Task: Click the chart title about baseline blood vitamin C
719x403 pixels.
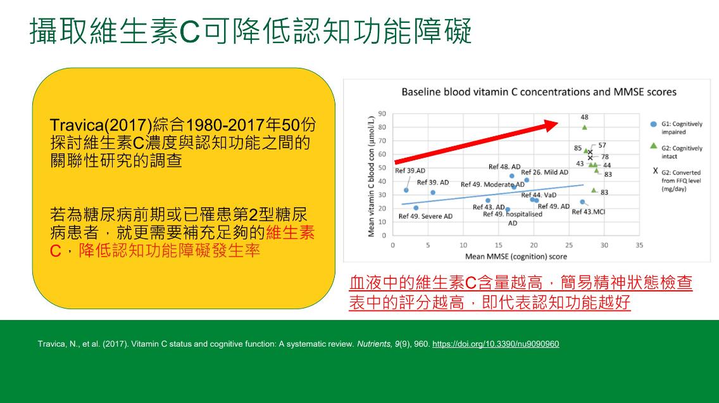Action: pos(539,93)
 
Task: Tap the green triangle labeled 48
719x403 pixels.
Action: pos(585,127)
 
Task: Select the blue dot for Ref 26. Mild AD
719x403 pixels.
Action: pos(527,181)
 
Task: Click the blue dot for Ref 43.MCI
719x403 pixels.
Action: pos(582,202)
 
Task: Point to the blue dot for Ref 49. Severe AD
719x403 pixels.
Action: pos(416,208)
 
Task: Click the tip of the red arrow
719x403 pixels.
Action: pos(558,122)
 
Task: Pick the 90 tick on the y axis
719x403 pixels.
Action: pos(382,113)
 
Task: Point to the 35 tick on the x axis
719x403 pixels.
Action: pos(639,245)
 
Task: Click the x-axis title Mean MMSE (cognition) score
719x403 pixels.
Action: pos(516,257)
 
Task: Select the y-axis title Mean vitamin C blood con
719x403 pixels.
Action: pos(371,176)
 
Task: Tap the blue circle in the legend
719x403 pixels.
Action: pos(654,124)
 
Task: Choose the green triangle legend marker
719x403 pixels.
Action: pos(654,146)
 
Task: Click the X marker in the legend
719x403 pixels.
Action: pos(655,170)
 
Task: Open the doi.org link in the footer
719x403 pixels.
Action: pos(496,344)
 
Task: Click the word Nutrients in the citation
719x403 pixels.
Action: pos(373,344)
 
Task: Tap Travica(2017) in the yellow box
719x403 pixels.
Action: pos(101,125)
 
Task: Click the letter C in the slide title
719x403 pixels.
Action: pos(189,32)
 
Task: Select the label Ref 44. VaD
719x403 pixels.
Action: pos(539,195)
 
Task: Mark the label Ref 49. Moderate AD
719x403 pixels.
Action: pos(492,184)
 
